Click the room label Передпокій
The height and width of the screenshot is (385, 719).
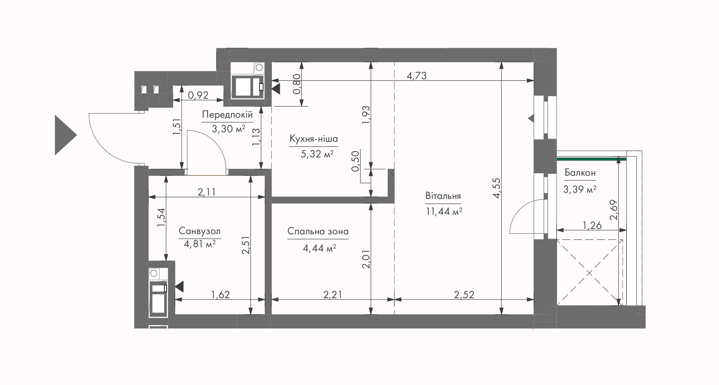(x=227, y=115)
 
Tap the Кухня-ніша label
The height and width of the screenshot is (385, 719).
(x=314, y=139)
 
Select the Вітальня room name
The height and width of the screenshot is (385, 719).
(x=443, y=196)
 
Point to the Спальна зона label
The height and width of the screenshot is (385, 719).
(x=318, y=231)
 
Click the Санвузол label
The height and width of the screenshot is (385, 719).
(x=200, y=231)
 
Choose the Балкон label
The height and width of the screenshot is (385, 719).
(x=580, y=173)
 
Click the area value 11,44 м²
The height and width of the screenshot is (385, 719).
(x=444, y=211)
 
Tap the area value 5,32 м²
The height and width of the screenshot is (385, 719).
(x=317, y=154)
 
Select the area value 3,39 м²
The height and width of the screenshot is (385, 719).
(x=580, y=189)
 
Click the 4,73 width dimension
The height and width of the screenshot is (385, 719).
(x=416, y=75)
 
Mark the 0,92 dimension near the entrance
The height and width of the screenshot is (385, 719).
(x=198, y=95)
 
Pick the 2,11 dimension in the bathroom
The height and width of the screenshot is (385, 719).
(x=207, y=192)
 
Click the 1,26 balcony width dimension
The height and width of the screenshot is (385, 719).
(x=592, y=226)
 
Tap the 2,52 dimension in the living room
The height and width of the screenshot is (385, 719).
(x=464, y=295)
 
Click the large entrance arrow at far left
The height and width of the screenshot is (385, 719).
(x=66, y=135)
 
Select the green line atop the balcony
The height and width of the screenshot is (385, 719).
(x=591, y=159)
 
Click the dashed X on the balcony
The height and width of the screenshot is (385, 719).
(x=590, y=272)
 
